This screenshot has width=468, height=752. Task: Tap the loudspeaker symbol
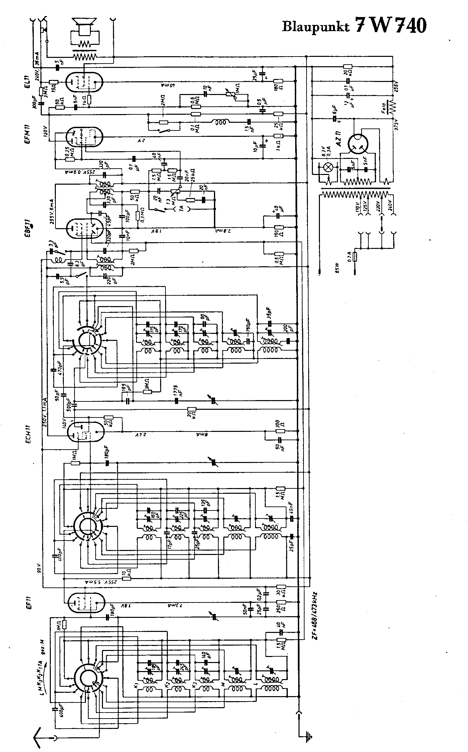pos(84,25)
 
